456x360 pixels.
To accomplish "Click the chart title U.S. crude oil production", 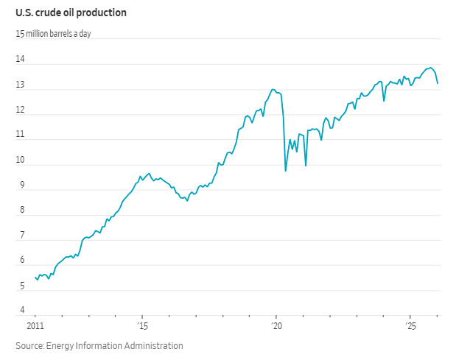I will [71, 13].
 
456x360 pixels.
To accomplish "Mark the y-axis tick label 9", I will [22, 186].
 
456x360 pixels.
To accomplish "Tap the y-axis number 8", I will [22, 211].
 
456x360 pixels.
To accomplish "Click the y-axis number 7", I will [22, 236].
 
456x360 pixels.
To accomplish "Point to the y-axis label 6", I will [22, 261].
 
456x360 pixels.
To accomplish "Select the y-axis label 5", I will [22, 286].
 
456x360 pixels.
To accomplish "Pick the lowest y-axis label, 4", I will [22, 311].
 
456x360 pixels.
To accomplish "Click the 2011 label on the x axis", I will [35, 325].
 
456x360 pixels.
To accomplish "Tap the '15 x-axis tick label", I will [142, 325].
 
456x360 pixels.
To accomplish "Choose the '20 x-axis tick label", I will [276, 325].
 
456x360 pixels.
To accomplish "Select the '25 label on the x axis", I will [410, 325].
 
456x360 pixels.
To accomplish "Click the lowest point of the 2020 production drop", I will [286, 171].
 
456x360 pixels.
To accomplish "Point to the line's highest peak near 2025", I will [430, 67].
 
